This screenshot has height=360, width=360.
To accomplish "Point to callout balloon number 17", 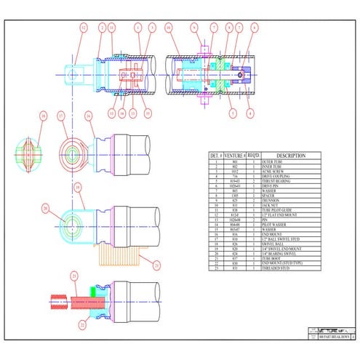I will tap(62, 116).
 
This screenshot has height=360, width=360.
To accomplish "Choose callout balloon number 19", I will tap(76, 187).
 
